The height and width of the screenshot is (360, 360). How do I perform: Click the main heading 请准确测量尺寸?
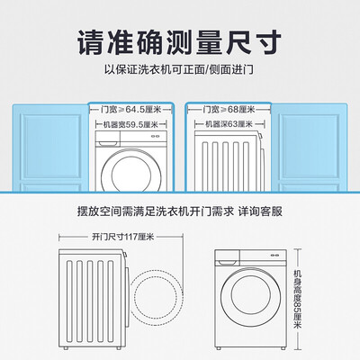point(180,42)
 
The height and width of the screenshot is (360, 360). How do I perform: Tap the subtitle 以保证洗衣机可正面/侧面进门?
point(179,70)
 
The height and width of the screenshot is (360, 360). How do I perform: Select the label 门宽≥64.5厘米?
point(131,110)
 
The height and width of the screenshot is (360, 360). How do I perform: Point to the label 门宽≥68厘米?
point(229,110)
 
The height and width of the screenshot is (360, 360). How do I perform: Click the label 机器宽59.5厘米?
point(130,124)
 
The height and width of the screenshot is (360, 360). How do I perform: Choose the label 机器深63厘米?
point(229,124)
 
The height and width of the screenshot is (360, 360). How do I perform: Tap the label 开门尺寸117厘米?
point(123,237)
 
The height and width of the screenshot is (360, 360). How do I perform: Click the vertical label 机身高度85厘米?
point(298,299)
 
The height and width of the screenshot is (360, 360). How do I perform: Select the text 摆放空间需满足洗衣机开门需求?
point(156,211)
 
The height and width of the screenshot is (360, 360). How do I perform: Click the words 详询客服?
point(260,211)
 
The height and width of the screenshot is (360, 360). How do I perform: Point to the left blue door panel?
point(50,148)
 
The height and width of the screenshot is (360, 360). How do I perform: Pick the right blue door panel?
point(310,148)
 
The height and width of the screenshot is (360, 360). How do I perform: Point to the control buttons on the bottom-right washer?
point(274,256)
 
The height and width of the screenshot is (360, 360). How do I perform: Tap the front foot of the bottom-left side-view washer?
point(119,348)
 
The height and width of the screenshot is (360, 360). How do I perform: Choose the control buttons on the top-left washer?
point(156,136)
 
